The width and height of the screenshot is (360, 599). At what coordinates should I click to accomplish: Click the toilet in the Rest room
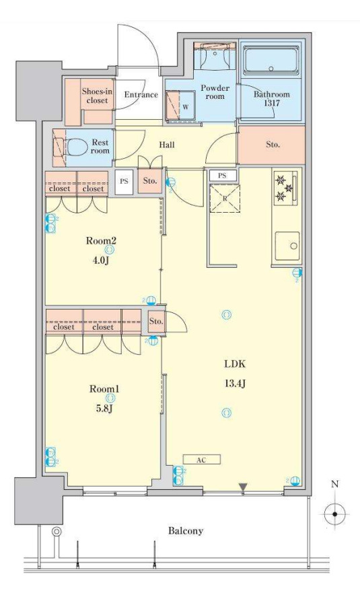75,147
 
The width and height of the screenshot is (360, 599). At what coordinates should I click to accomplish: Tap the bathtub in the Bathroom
271,61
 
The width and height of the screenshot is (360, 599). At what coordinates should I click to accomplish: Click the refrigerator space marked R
225,199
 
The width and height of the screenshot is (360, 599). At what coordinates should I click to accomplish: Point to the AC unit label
202,460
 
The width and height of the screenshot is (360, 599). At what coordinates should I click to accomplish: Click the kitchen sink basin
287,246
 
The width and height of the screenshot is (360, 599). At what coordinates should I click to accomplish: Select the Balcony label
186,530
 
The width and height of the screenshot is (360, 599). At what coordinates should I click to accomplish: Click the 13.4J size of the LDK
235,383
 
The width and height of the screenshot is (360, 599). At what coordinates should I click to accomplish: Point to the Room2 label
101,241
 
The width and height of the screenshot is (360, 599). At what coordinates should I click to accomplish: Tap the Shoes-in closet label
97,96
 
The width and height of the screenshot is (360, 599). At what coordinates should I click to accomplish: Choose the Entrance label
141,94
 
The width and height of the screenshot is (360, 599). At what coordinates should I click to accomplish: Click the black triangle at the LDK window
243,487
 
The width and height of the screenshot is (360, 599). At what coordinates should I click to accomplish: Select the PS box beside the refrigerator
223,176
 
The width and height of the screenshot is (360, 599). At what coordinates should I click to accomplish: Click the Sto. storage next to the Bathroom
272,145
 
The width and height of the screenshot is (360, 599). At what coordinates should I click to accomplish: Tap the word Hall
167,145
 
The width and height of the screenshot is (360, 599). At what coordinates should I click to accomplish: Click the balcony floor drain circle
57,531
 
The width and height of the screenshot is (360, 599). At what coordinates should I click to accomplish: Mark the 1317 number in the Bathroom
273,103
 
